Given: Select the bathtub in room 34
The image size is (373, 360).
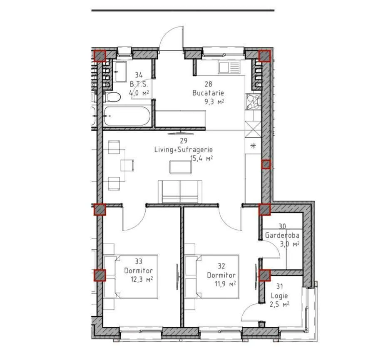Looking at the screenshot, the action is click(127, 116).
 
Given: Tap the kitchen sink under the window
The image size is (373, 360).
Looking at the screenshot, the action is click(229, 67).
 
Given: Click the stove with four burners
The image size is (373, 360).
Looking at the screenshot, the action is click(254, 102).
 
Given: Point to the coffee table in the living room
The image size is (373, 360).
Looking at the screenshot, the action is click(181, 167).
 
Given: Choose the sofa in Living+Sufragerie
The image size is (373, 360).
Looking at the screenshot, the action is click(180, 191).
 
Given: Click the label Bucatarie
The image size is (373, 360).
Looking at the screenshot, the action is click(208, 93).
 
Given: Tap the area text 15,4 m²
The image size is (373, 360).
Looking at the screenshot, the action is click(201, 158).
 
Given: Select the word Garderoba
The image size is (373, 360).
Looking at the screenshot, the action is click(282, 235).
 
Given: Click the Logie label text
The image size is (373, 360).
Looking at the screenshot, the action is click(279, 296).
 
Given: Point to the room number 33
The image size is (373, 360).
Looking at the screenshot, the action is click(139, 261).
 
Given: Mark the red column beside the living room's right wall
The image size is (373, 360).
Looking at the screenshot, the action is click(266, 164).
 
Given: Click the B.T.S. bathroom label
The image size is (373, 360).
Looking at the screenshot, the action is click(139, 84).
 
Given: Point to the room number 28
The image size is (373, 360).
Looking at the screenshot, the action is click(208, 84).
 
